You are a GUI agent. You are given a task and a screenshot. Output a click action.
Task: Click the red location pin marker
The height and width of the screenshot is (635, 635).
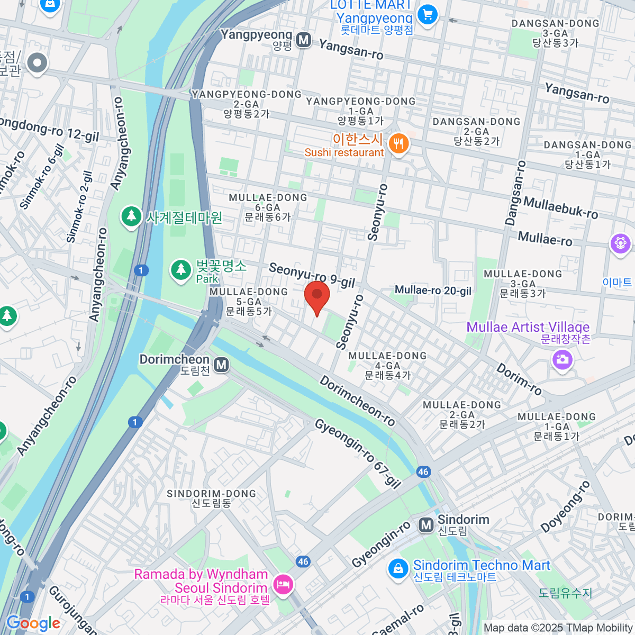317,295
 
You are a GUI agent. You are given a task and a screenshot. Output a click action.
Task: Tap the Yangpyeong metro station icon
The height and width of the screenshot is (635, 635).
303,40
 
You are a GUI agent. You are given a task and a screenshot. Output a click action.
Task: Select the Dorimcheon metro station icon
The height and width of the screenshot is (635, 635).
222,365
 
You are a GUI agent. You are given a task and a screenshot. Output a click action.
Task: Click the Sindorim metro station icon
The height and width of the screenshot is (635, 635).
426,525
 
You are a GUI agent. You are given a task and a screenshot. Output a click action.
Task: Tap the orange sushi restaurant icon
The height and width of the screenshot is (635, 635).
398,143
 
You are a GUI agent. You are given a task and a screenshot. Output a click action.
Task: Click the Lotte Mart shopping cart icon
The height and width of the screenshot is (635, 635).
427,14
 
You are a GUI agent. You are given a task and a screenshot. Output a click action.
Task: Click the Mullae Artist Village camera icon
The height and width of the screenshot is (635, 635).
562,360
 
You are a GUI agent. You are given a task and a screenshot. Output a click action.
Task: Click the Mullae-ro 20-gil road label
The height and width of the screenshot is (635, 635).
433,290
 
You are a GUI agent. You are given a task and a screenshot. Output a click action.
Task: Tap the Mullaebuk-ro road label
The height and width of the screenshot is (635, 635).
560,207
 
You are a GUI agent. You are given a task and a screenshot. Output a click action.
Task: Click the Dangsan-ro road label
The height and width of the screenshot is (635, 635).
515,193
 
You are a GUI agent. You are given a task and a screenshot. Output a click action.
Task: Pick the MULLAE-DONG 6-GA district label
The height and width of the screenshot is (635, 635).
267,207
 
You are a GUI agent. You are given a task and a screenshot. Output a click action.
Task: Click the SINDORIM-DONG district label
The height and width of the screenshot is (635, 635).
211,498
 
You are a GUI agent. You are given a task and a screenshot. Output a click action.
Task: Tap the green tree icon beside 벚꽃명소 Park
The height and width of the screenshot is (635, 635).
181,270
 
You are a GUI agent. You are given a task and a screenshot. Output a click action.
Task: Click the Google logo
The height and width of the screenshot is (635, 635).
33,623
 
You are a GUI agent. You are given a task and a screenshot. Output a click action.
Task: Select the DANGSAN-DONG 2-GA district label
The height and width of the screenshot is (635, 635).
476,131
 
